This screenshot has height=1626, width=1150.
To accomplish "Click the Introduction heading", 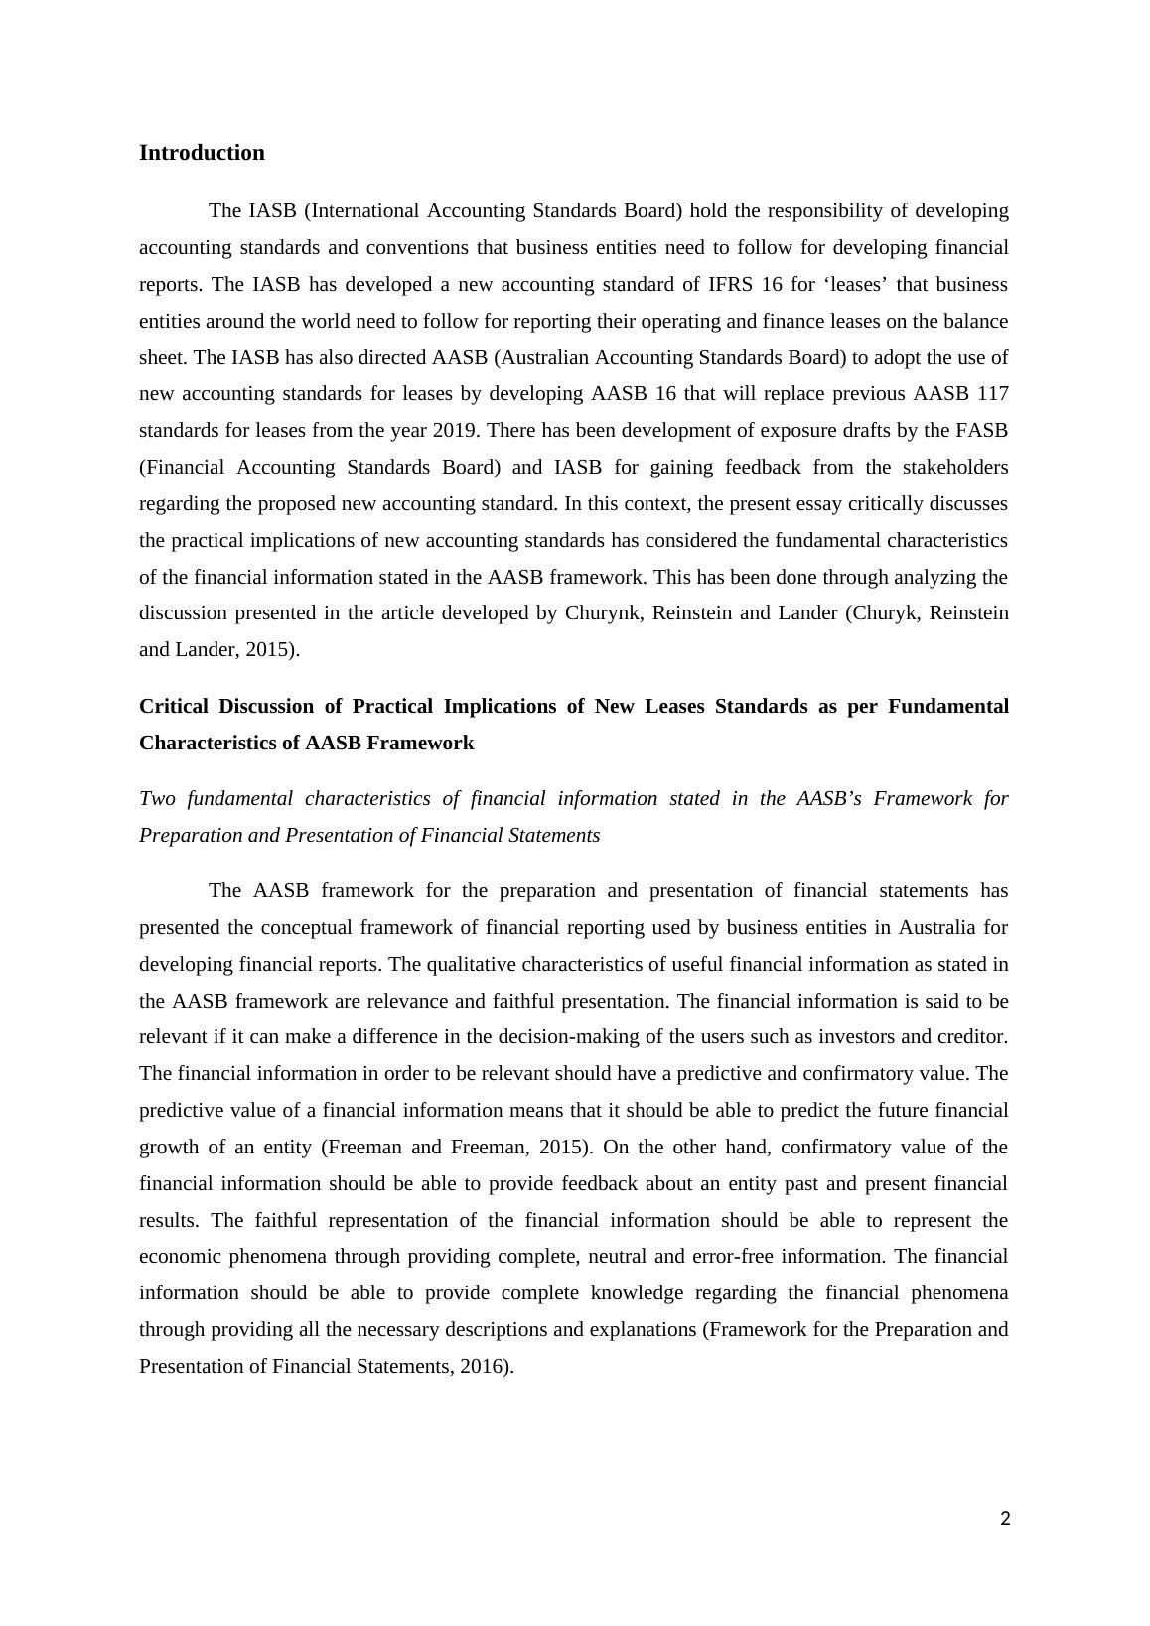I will click(202, 153).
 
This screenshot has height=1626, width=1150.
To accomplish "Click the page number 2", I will click(1005, 1518).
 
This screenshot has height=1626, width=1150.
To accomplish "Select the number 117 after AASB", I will click(992, 394).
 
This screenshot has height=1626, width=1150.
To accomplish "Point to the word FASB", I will click(981, 431).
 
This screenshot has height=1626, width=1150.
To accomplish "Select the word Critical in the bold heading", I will click(174, 707).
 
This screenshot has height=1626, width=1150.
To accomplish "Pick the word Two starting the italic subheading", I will click(157, 799).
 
